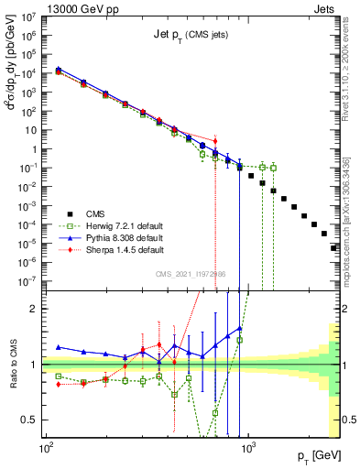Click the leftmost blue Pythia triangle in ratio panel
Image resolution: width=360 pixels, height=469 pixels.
(59, 347)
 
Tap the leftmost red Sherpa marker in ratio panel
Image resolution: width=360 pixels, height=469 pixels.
(59, 385)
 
